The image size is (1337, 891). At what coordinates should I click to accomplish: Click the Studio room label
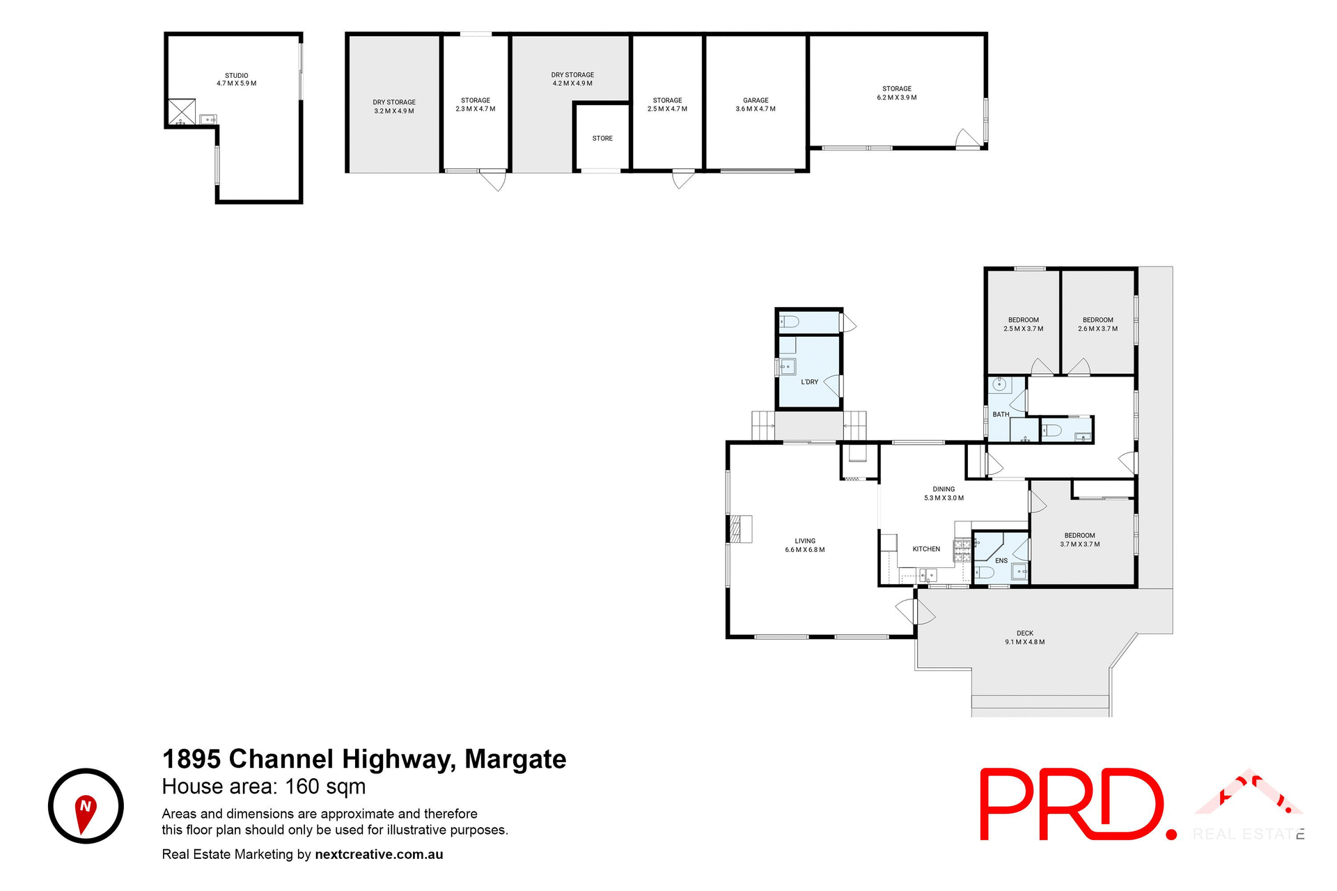[x=236, y=79]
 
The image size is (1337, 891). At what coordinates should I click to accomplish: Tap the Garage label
[x=756, y=104]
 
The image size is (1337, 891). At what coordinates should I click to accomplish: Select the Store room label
[x=602, y=139]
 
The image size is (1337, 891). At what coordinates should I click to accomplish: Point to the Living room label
[x=805, y=545]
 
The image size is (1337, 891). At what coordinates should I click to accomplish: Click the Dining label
[x=944, y=494]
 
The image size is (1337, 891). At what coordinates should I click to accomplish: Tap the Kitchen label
[x=926, y=549]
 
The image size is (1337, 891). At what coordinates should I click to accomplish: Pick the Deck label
[x=1024, y=638]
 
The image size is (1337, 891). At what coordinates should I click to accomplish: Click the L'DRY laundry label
[x=809, y=382]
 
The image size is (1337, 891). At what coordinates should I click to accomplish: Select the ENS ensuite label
[x=1001, y=560]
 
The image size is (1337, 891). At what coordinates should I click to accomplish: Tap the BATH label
[x=1001, y=414]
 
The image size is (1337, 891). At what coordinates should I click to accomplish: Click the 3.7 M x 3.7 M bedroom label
[x=1080, y=540]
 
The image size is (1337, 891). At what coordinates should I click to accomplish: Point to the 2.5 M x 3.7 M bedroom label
[x=1023, y=324]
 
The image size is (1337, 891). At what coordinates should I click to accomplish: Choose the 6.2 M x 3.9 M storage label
[x=897, y=93]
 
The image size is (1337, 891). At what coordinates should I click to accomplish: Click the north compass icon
[x=86, y=806]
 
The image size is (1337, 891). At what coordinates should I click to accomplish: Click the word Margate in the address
[x=515, y=759]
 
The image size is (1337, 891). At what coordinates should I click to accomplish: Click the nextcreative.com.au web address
[x=379, y=854]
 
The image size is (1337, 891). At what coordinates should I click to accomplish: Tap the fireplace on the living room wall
[x=741, y=529]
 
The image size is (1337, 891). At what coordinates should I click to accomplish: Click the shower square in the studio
[x=182, y=112]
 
